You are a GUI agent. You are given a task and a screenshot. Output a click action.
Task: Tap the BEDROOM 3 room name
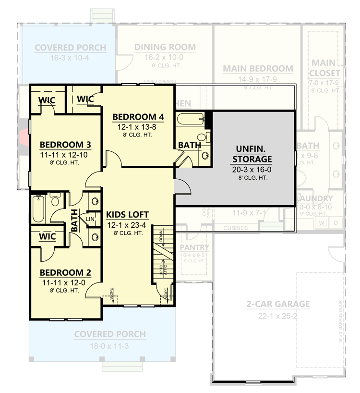[65, 145]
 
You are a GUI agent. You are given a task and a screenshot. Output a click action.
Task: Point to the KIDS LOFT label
[127, 215]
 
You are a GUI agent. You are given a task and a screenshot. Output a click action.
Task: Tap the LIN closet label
[90, 219]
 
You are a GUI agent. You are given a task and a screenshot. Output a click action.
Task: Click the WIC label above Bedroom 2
[47, 237]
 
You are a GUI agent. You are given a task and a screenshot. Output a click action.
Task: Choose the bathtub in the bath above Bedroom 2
[38, 208]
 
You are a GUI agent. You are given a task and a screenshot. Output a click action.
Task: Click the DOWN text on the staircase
[162, 237]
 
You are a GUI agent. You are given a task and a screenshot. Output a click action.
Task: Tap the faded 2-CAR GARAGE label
[278, 304]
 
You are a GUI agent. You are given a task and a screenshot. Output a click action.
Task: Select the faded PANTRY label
[194, 247]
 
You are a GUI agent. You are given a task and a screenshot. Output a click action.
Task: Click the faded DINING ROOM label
[165, 47]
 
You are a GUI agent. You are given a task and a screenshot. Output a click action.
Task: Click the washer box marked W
[322, 222]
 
